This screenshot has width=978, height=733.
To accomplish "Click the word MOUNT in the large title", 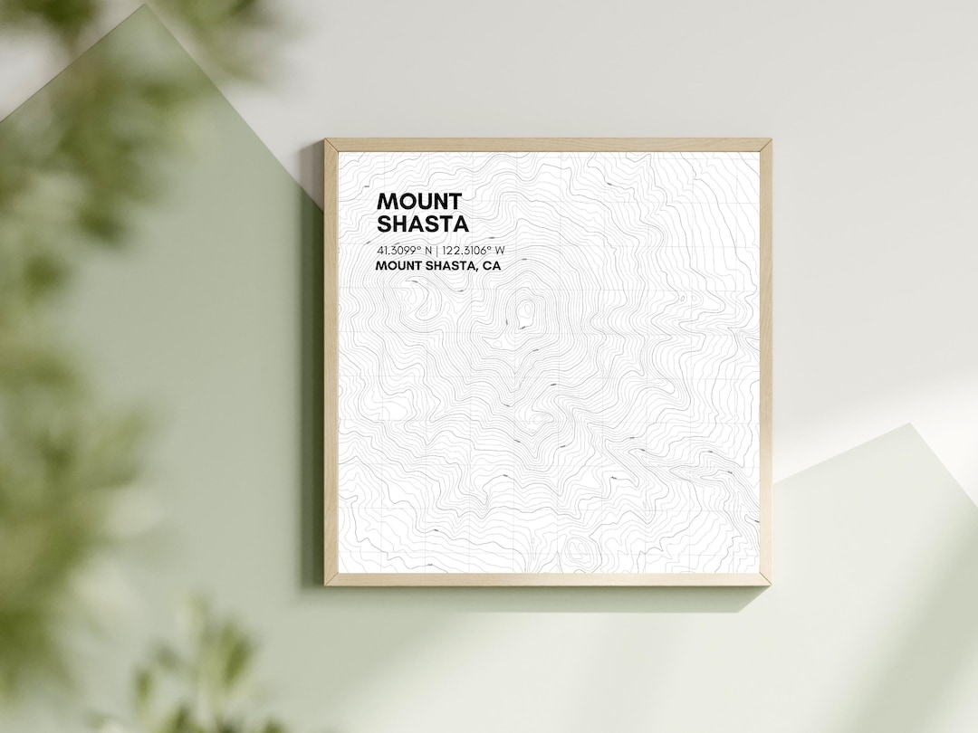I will [419, 201].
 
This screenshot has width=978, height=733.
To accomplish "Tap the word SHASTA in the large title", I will [423, 224].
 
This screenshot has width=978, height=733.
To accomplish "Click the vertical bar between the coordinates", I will [436, 250].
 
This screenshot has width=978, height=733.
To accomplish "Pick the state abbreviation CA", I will [492, 266].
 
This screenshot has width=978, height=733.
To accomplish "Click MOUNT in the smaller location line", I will [397, 266].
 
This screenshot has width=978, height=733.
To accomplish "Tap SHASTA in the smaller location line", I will [450, 266].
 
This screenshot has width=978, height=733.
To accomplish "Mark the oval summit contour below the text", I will [524, 313].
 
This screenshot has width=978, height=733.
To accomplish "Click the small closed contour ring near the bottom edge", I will [575, 547].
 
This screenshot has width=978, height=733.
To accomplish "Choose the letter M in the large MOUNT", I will [386, 201].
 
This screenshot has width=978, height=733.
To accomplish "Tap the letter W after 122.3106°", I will [500, 250].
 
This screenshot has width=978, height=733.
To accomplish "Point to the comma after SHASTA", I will [479, 270].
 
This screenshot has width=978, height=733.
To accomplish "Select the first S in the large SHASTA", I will [384, 224].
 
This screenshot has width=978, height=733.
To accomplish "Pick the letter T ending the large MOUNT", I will [454, 201].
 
